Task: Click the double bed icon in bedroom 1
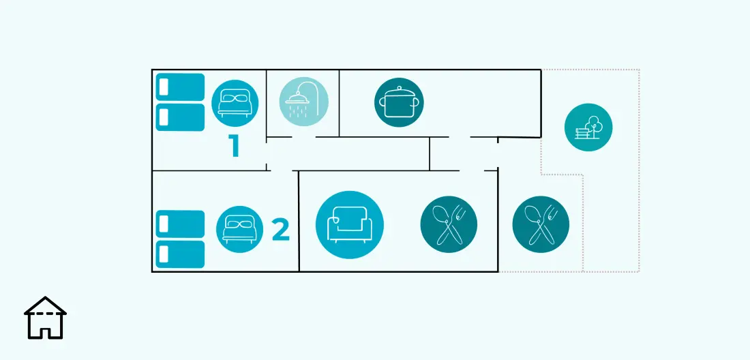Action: (x=235, y=103)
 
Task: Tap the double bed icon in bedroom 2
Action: (x=239, y=230)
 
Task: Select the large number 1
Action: (x=234, y=146)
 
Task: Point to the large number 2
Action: (x=281, y=230)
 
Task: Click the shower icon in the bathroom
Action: (x=303, y=102)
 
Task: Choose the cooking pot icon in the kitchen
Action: (x=399, y=102)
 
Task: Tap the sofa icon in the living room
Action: (x=350, y=225)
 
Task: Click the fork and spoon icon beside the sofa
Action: (x=449, y=224)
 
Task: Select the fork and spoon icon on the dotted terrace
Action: (x=541, y=224)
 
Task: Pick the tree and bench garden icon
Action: (x=588, y=127)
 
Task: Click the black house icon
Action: (x=46, y=318)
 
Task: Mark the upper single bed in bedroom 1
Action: (x=180, y=87)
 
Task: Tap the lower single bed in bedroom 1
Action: (x=180, y=117)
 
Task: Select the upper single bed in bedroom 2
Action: (x=180, y=224)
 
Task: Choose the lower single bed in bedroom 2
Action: (x=180, y=254)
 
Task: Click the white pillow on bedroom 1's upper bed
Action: (x=164, y=87)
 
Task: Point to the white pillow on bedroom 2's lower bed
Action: (x=164, y=254)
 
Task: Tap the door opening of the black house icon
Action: (x=46, y=331)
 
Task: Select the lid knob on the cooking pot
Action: (x=399, y=88)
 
